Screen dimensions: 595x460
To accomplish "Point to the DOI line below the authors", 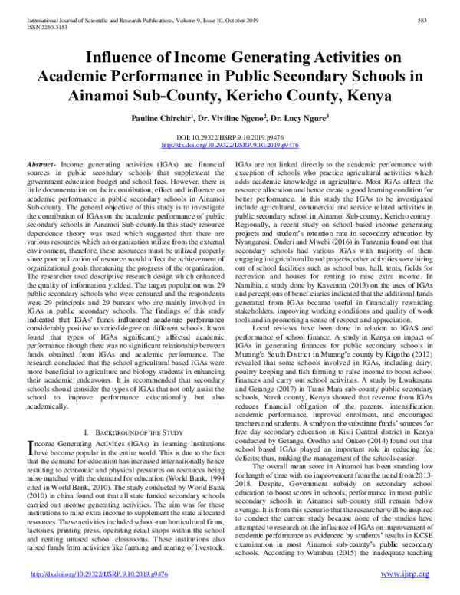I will (x=229, y=135).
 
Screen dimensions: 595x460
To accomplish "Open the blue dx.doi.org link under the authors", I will (x=229, y=143).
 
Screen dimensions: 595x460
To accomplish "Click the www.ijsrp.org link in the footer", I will (x=413, y=574).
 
